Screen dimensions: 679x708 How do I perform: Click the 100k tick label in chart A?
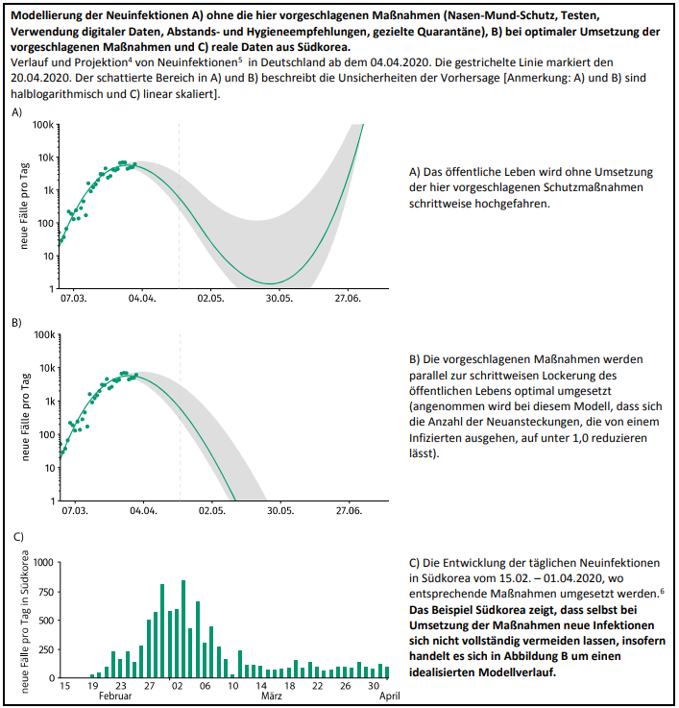coord(43,125)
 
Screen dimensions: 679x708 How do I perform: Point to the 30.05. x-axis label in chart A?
coord(279,299)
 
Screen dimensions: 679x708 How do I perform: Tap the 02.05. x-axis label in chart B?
coord(211,511)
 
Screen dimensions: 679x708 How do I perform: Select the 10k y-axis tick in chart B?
coord(47,368)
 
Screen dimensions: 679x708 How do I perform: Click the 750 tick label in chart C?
coord(46,592)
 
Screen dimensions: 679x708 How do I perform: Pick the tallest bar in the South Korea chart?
coord(183,629)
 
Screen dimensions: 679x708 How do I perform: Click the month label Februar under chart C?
coord(115,696)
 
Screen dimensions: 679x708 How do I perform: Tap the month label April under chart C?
coord(390,696)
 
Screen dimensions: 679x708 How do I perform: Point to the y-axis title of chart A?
coord(24,206)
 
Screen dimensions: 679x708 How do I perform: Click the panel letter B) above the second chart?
coord(16,323)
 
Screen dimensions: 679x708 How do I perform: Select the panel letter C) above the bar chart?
coord(18,536)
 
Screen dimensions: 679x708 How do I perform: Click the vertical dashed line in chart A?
coord(180,206)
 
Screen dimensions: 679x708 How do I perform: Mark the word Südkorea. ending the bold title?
coord(324,47)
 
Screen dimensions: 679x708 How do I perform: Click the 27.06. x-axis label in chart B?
coord(349,511)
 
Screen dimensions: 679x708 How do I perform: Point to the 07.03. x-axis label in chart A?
coord(74,299)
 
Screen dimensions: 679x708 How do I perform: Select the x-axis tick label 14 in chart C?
coord(261,685)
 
